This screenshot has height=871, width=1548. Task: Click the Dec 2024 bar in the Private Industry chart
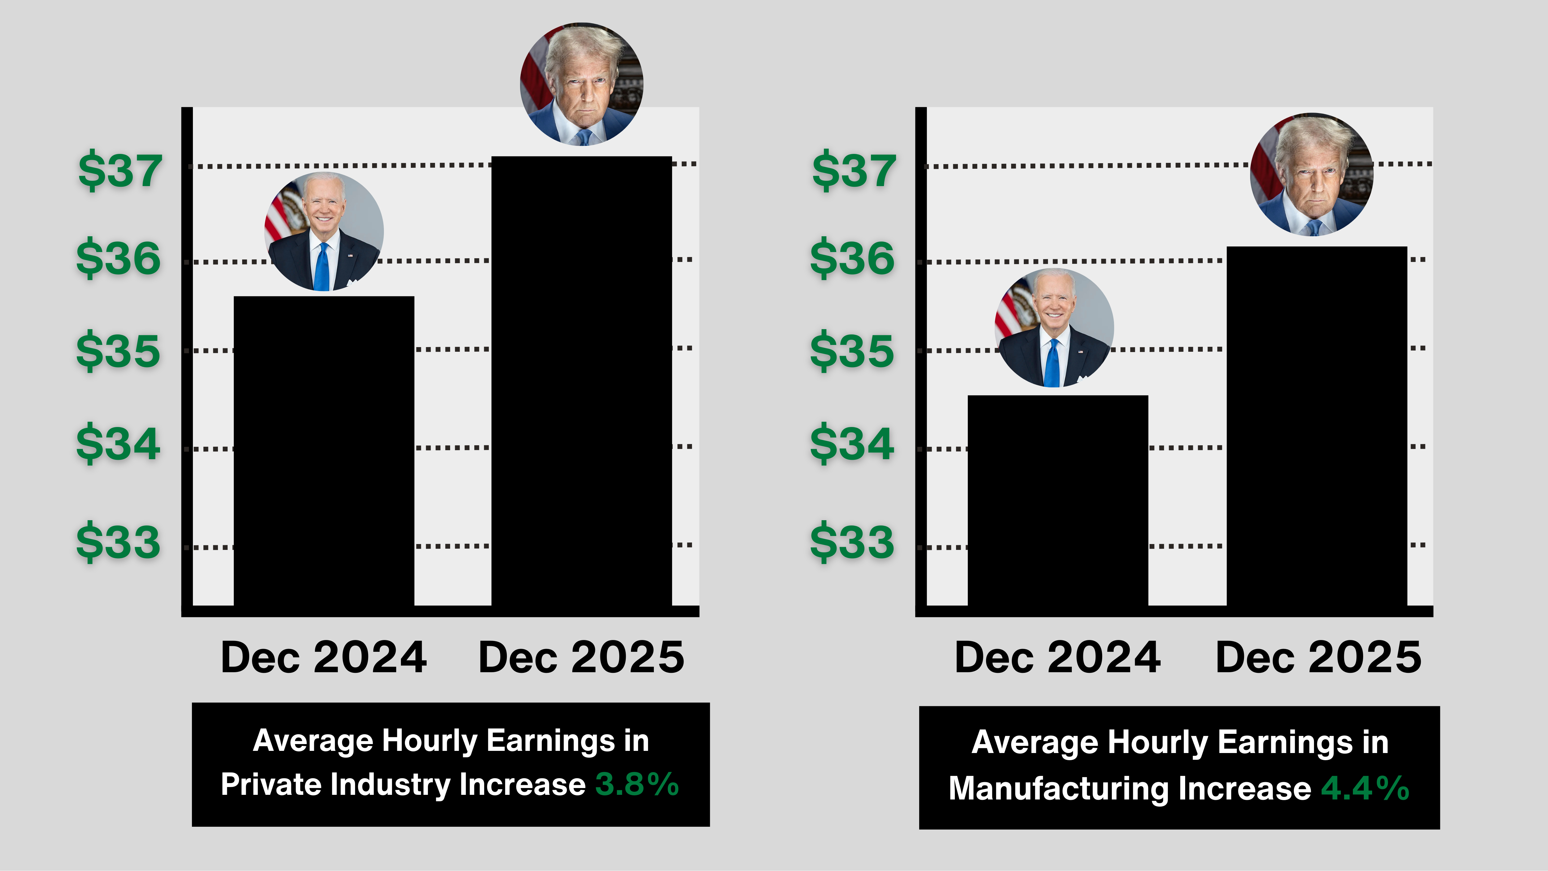coord(324,451)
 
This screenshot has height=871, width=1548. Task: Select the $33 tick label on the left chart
coord(118,542)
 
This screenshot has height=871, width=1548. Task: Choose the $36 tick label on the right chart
coord(852,258)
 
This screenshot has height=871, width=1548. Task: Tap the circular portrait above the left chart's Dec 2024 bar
coord(324,231)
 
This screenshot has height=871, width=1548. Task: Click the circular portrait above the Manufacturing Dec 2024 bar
coord(1054,328)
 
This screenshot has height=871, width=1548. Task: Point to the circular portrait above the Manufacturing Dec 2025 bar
coord(1312,174)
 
